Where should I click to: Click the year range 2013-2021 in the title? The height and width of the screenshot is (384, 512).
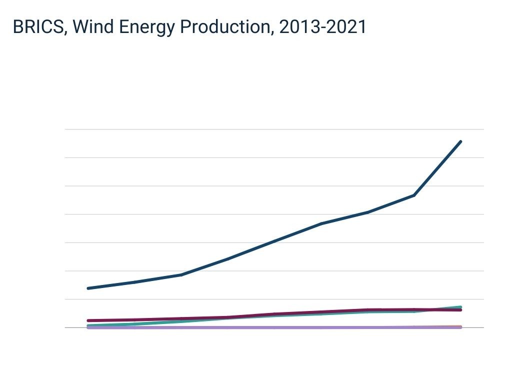(x=322, y=27)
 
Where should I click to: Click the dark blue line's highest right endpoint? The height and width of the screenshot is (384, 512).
(x=460, y=141)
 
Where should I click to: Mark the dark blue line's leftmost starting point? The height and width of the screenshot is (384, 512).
(x=88, y=288)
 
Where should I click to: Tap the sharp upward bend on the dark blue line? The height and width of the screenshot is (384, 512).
(x=414, y=195)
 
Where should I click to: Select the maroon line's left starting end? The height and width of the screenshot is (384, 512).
(x=88, y=320)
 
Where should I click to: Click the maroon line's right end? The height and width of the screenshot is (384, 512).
(x=460, y=310)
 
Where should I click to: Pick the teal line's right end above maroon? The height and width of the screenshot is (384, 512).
(x=460, y=306)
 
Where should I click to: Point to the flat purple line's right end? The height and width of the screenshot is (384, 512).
(x=460, y=327)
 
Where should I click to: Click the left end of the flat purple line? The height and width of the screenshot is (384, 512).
(x=88, y=327)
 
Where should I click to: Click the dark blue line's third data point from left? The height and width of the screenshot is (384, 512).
(x=181, y=274)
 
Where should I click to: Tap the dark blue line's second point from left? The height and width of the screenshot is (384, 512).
(x=134, y=282)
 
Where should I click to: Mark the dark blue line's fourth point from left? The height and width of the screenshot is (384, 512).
(x=227, y=258)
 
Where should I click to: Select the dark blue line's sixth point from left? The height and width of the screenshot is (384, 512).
(x=321, y=223)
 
